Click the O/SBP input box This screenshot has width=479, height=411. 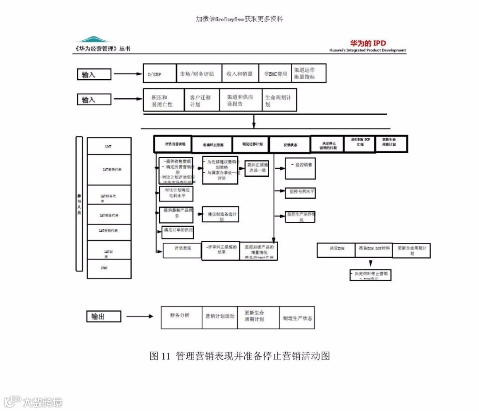click(159, 74)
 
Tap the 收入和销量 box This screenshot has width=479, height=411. click(239, 74)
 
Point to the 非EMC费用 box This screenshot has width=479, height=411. click(275, 74)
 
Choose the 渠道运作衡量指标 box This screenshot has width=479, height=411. click(309, 73)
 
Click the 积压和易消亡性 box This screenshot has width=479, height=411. click(163, 100)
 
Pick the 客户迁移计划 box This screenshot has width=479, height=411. click(201, 100)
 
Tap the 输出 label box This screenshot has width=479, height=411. click(103, 316)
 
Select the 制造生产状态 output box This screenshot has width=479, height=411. click(297, 318)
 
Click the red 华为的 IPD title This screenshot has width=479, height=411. click(368, 43)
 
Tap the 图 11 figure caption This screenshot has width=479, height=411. click(239, 356)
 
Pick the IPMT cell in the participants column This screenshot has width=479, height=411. click(109, 268)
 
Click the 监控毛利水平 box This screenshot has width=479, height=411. click(300, 193)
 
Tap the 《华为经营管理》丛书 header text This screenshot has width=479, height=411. click(103, 48)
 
